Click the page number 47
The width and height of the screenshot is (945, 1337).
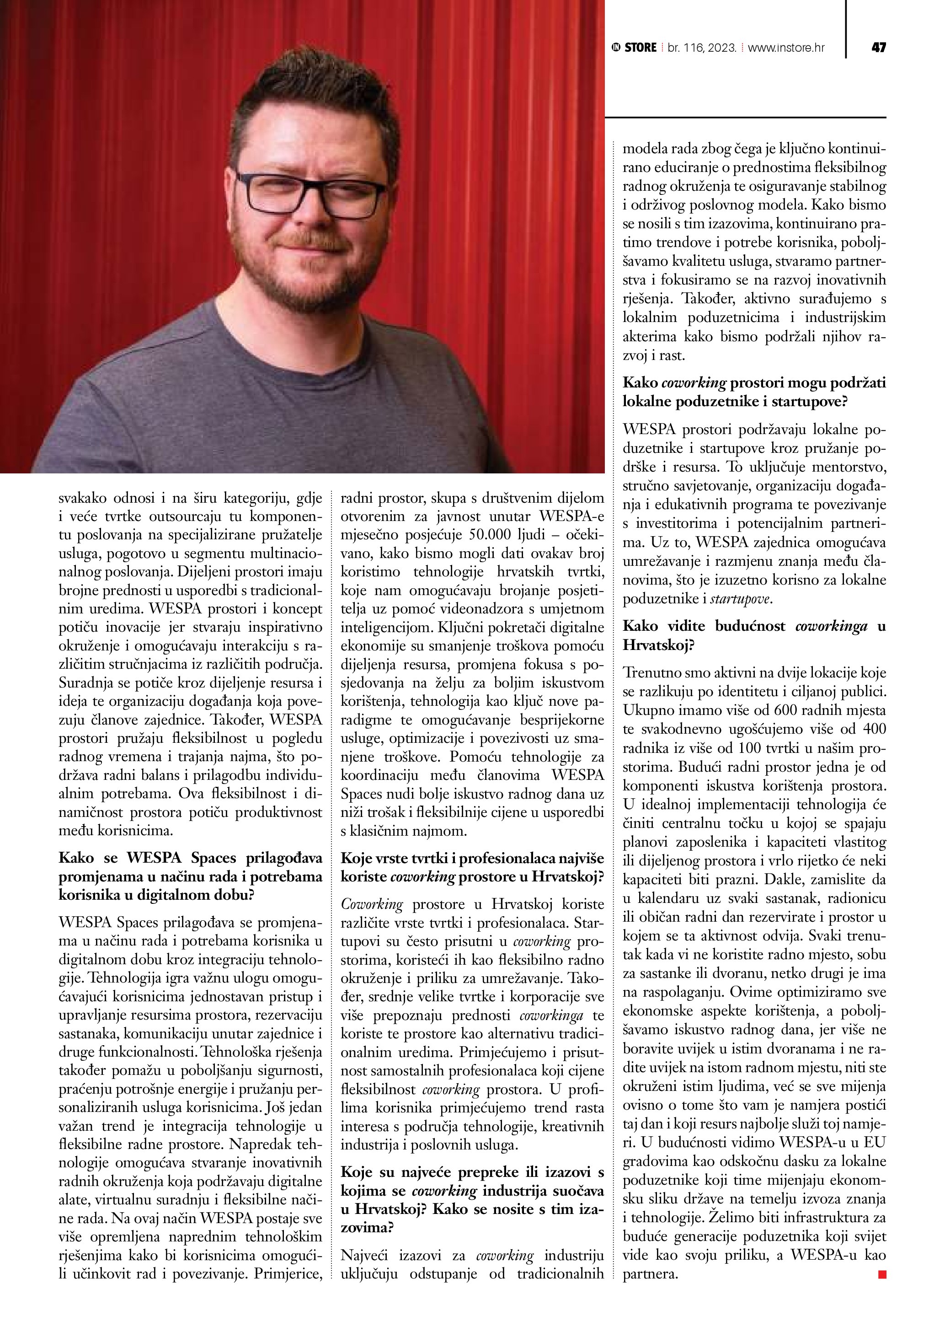[x=878, y=48]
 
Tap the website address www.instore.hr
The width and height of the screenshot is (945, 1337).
[x=785, y=48]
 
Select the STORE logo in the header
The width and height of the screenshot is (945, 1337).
[x=634, y=48]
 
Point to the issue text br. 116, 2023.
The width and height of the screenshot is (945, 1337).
[x=702, y=48]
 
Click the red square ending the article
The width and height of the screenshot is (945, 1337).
[x=881, y=1275]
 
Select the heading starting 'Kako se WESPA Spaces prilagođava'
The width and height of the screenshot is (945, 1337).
[x=190, y=876]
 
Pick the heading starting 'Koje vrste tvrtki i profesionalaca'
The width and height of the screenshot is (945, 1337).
[x=472, y=867]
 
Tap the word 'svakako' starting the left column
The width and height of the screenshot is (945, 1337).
[x=82, y=498]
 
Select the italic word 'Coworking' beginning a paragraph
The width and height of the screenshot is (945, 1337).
[x=372, y=904]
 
